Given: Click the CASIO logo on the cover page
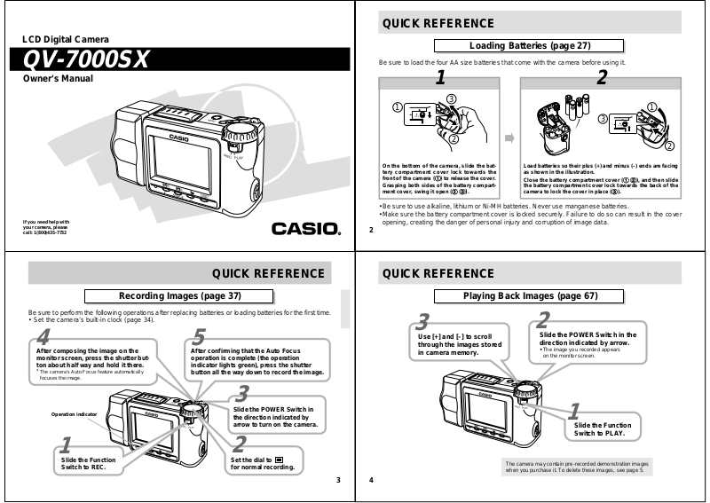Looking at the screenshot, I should tap(305, 228).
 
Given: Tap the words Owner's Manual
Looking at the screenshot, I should tap(57, 79).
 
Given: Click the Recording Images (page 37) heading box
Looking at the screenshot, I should tap(180, 295).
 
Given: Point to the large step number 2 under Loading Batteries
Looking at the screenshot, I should tap(601, 79).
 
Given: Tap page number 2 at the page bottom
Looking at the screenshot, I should tap(371, 229).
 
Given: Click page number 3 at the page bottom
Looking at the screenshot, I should tap(338, 480).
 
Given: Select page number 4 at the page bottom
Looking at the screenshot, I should tap(371, 480).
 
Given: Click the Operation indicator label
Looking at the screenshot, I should tap(74, 414).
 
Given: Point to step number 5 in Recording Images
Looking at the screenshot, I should tap(199, 337).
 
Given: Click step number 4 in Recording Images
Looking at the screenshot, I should tap(43, 337).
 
